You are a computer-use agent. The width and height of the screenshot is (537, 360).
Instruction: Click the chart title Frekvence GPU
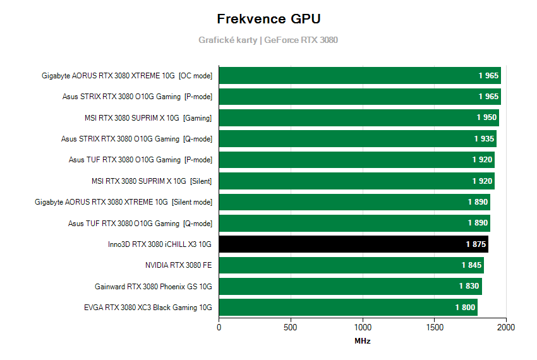point(268,18)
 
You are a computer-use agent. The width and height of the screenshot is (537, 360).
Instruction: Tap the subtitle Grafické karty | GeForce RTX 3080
point(268,40)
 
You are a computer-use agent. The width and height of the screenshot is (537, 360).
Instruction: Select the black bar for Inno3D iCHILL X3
point(353,244)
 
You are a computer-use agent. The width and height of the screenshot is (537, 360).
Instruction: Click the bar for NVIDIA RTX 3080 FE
point(351,265)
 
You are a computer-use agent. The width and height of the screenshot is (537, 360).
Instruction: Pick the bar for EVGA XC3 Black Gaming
point(347,308)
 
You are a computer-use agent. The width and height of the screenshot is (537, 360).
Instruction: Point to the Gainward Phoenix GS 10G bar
point(350,286)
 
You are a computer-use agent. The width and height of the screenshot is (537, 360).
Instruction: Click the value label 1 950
point(486,117)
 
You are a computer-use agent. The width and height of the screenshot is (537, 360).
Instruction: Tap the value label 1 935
point(484,139)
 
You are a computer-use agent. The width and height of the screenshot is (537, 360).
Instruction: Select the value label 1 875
point(476,244)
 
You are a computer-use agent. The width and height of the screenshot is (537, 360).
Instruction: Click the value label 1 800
point(465,308)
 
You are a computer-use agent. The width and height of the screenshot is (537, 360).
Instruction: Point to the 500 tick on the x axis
point(291,328)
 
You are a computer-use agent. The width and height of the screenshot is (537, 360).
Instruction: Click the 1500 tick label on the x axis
point(434,328)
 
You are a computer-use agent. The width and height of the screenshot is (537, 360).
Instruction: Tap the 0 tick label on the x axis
point(219,328)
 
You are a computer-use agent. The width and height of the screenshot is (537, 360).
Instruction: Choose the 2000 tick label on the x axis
point(505,328)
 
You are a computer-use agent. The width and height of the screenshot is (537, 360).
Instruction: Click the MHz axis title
point(362,341)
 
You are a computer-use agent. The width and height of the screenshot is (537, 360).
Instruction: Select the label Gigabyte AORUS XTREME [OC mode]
point(127,76)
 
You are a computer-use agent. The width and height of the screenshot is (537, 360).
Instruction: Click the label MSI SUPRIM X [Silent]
point(152,181)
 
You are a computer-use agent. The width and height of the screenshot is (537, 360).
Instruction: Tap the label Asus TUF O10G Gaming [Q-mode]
point(140,223)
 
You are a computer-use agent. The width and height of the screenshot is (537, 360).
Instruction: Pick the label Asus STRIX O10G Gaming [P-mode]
point(136,97)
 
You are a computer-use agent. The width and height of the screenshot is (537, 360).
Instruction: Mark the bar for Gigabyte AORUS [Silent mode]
point(354,202)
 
